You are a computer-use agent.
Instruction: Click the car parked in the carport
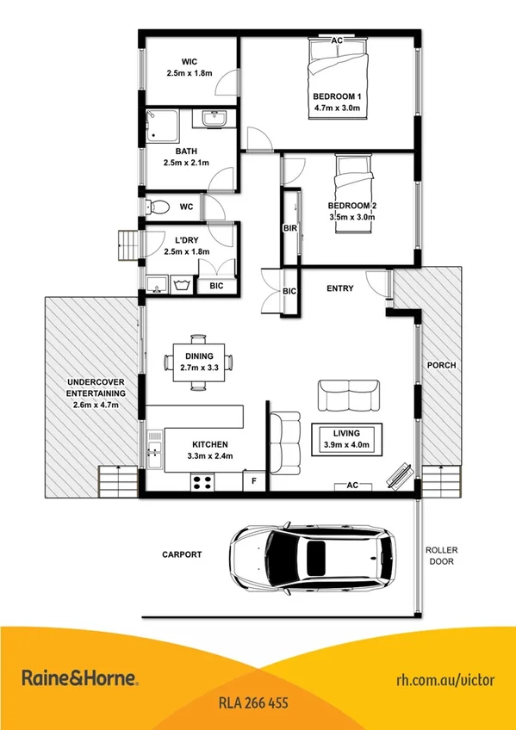(314, 559)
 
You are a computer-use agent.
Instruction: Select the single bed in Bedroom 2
(354, 181)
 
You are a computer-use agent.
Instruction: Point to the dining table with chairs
(198, 362)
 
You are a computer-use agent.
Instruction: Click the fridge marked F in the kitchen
(254, 481)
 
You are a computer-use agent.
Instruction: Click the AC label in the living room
(351, 486)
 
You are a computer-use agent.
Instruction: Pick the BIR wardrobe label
(289, 229)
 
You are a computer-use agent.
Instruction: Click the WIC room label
(190, 61)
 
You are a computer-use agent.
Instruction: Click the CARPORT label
(182, 555)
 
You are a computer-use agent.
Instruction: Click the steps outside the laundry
(127, 246)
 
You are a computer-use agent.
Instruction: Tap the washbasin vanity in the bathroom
(210, 121)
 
